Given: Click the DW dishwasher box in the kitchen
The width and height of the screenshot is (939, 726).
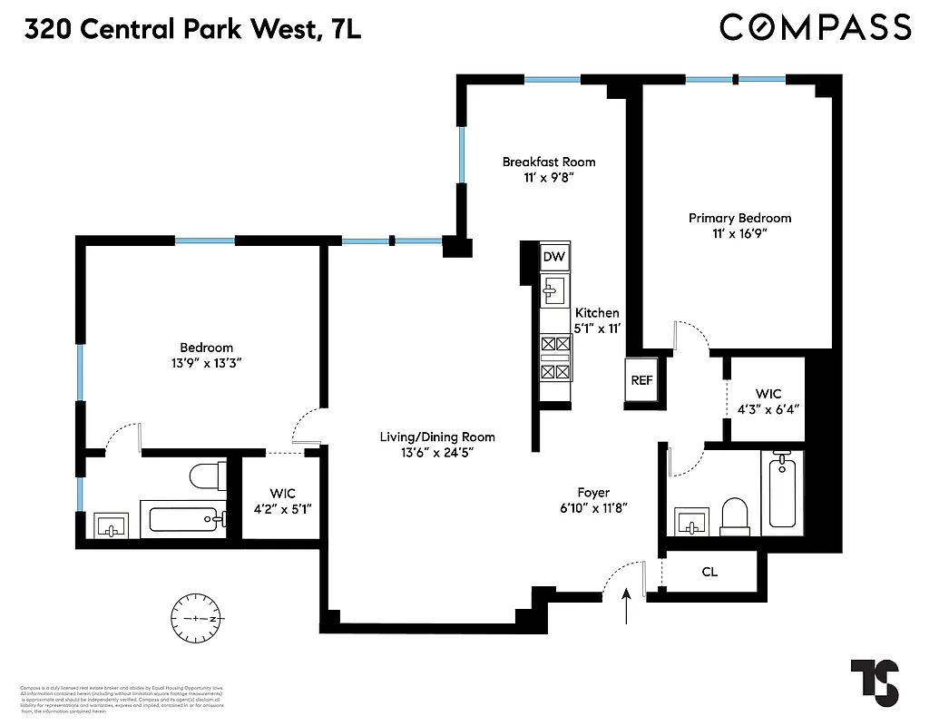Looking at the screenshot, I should tap(554, 257).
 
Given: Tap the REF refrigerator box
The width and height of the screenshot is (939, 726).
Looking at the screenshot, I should tap(641, 380).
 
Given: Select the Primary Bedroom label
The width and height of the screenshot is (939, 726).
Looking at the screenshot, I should tap(739, 218).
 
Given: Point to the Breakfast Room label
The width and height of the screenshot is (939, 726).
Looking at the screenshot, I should tap(549, 162).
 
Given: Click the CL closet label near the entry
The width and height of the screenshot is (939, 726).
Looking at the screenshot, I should tap(710, 573).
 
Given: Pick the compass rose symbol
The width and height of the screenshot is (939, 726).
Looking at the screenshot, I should tap(196, 617).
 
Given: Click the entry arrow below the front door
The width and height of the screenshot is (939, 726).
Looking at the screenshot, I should tap(628, 606).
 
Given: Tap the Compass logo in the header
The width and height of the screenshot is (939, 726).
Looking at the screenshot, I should tap(815, 27).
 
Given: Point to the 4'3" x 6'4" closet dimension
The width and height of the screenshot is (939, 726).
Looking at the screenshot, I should tap(768, 408).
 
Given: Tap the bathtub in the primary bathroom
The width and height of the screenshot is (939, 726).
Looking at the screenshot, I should tap(782, 490).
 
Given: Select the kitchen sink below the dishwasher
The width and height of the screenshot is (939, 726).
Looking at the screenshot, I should tap(553, 291).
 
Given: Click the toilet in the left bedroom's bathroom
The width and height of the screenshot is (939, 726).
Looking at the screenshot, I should tap(208, 474).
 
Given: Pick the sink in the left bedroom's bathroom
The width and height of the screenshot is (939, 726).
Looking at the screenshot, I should tap(112, 525).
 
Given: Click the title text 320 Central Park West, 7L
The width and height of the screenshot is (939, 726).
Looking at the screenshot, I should tap(192, 29).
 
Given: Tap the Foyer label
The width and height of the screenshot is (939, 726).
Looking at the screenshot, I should tap(594, 492).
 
